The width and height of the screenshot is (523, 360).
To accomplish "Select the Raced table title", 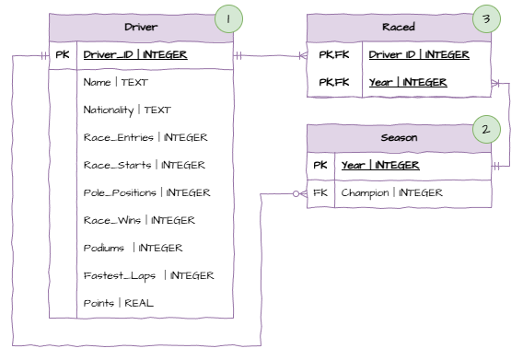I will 400,27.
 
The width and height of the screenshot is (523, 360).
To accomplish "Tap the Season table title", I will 400,137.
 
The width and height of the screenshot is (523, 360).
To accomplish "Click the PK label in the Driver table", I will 62,54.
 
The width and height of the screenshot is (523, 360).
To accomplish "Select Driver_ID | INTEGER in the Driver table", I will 134,54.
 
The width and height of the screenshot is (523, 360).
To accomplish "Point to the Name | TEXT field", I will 110,82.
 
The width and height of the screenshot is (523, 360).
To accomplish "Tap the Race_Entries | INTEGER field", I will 145,137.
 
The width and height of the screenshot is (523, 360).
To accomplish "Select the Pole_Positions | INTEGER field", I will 147,192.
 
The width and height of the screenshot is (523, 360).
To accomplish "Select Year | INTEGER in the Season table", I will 381,166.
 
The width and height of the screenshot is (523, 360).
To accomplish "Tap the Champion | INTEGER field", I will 390,193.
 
